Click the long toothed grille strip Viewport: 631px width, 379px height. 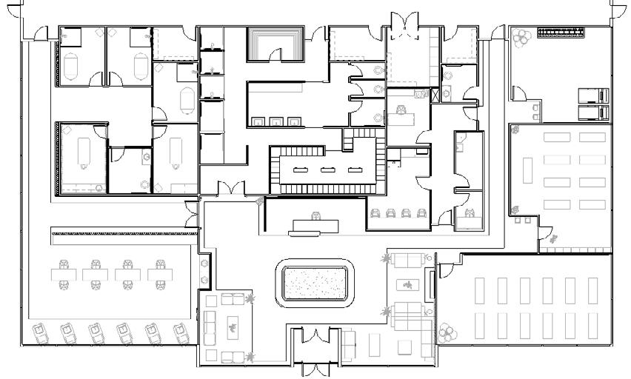(561, 33)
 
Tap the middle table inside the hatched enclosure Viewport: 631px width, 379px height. (326, 170)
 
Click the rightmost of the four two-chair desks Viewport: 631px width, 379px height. (160, 274)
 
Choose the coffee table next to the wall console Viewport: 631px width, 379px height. (407, 284)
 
